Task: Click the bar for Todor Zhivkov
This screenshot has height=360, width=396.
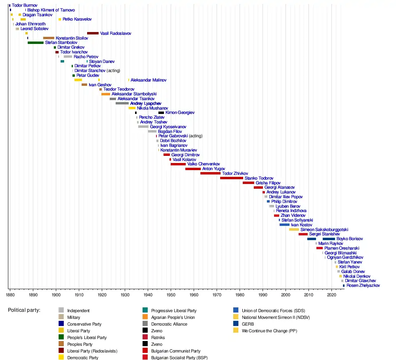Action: pos(210,173)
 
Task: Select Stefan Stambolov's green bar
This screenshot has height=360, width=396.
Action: pos(36,42)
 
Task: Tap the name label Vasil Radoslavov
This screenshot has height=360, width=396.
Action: pos(116,33)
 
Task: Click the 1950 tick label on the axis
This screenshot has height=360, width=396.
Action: pos(171,294)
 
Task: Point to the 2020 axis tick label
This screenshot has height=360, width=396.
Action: pos(331,294)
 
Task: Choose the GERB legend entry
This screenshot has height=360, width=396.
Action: pos(248,324)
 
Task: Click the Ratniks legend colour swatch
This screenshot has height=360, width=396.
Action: pos(146,337)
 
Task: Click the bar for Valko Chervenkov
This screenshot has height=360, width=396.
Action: pos(178,164)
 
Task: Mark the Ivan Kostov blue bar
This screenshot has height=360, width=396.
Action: pos(284,225)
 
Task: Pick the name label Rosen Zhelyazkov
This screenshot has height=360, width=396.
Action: pos(363,285)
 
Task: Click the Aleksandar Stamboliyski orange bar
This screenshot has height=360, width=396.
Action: pos(106,94)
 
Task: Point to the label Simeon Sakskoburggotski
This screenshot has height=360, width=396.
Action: pos(324,229)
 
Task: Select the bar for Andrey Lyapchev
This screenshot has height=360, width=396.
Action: pos(122,103)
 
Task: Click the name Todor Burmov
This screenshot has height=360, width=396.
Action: pos(25,5)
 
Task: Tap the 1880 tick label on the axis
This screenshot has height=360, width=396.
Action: pos(10,294)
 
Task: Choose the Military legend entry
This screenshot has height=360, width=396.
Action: pos(74,317)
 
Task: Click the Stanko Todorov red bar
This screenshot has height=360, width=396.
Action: pos(232,178)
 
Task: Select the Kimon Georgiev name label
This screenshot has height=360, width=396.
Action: pos(180,113)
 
